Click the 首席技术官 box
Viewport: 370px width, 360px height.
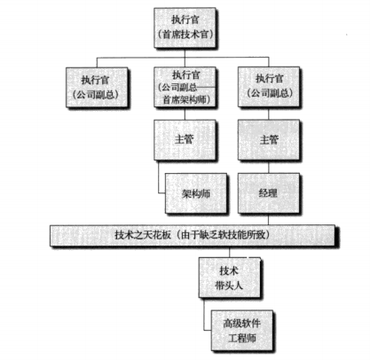[x=185, y=27]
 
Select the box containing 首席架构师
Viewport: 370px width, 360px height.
[x=185, y=87]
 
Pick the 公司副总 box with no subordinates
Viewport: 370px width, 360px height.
[x=97, y=88]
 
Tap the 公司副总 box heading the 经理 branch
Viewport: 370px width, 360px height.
[x=269, y=87]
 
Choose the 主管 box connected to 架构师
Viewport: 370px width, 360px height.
[x=185, y=140]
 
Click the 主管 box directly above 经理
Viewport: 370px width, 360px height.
[x=269, y=140]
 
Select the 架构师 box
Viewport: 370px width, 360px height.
[x=196, y=193]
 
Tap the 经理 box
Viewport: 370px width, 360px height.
[x=269, y=193]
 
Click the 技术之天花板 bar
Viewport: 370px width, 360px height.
[x=193, y=236]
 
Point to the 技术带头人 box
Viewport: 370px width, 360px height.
[x=230, y=278]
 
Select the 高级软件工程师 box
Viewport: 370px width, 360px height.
[x=242, y=331]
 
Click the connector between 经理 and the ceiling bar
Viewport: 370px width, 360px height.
[x=269, y=219]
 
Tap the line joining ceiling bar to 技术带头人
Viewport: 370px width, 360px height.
[x=229, y=252]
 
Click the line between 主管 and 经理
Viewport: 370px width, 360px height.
[x=269, y=167]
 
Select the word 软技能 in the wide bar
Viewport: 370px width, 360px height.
[x=218, y=235]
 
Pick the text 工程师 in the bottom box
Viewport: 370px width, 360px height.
[x=242, y=338]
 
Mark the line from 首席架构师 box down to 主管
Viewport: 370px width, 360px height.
[x=185, y=113]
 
